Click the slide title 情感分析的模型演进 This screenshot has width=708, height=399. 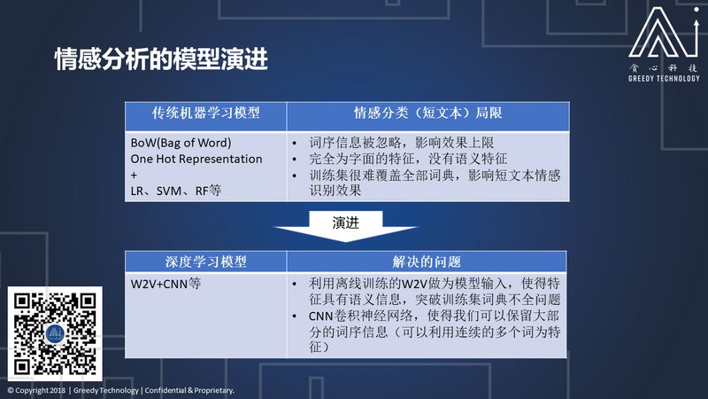pos(161,59)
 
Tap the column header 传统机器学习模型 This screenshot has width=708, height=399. pos(206,113)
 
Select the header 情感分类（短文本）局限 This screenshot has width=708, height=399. pos(427,113)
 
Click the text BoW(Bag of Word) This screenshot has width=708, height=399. pos(181,143)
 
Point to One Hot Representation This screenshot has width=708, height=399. pos(196,159)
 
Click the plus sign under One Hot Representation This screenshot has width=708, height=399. pos(134,175)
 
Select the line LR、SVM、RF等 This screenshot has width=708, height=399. pos(175,191)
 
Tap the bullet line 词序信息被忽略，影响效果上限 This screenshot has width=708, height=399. pos(402,143)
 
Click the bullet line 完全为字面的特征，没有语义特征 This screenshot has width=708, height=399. pos(408,159)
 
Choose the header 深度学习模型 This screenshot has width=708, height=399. pos(206,262)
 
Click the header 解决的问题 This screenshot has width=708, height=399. pos(427,262)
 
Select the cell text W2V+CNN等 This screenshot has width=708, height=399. pos(165,284)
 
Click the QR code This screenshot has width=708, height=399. pos(55,334)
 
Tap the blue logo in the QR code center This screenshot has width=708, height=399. pos(55,334)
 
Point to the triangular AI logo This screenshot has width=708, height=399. pos(663,33)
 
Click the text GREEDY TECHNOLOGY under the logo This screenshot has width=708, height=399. pos(664,78)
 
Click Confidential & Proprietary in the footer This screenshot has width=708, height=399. pos(189,390)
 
